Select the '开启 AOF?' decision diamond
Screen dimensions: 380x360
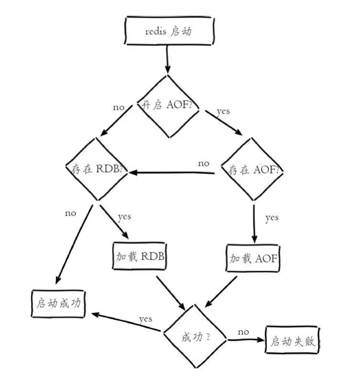(x=169, y=106)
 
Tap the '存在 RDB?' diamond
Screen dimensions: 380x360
(x=97, y=169)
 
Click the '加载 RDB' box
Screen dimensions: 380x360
(x=140, y=256)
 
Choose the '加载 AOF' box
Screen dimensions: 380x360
(x=252, y=259)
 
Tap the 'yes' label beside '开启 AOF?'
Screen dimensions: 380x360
(x=223, y=111)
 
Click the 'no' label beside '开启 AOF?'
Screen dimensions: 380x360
(x=118, y=107)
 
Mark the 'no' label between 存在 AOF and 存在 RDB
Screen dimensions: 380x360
(x=204, y=163)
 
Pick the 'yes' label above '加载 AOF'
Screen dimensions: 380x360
(x=272, y=218)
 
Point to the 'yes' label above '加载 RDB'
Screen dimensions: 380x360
(x=124, y=217)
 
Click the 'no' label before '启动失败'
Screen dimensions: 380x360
(x=243, y=331)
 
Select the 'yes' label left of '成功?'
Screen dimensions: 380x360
(x=146, y=318)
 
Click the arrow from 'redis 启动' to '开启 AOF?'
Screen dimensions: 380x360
(x=168, y=60)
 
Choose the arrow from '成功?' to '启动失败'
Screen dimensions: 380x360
(x=245, y=340)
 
